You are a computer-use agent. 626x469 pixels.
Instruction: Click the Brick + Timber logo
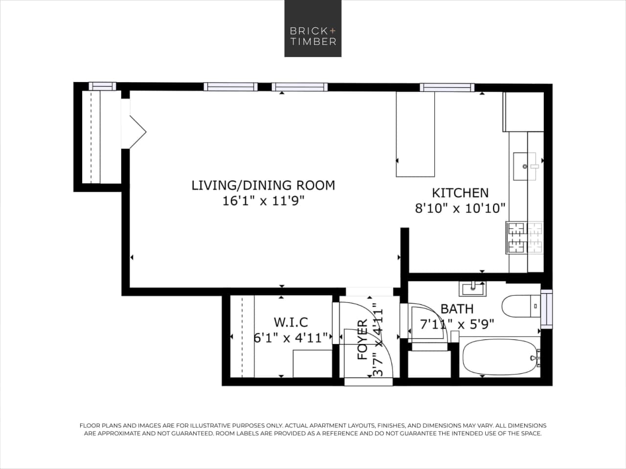click(x=313, y=28)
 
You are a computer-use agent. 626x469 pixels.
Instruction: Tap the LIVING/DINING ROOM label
click(x=263, y=185)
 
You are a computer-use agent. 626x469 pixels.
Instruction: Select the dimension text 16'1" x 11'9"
click(x=263, y=201)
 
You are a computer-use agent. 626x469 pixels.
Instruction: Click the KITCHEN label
click(x=460, y=192)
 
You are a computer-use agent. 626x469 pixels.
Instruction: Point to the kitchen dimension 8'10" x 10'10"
click(x=460, y=209)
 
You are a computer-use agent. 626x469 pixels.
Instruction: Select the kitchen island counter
click(x=415, y=134)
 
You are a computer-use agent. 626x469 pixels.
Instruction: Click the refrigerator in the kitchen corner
click(x=524, y=111)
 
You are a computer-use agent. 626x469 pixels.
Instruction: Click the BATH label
click(x=457, y=309)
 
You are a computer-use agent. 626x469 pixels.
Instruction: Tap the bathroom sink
click(x=472, y=288)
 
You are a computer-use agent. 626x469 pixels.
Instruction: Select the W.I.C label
click(x=291, y=322)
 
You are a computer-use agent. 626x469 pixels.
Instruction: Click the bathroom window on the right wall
click(x=546, y=309)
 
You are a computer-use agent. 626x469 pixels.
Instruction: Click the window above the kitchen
click(x=447, y=87)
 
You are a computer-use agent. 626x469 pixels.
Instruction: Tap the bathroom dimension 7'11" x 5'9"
click(x=457, y=324)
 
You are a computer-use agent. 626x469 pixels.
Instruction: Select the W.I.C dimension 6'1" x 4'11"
click(x=291, y=337)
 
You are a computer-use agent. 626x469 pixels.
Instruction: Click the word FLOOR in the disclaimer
click(x=90, y=426)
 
